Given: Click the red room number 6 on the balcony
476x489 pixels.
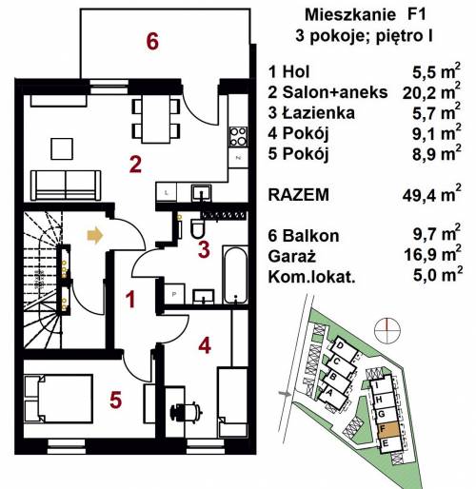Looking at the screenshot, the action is click(x=152, y=41).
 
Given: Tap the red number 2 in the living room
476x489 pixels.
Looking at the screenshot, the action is click(x=135, y=165).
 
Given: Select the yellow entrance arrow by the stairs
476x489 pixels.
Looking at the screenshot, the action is click(x=95, y=235).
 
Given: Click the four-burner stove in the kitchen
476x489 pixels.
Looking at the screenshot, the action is click(x=238, y=137).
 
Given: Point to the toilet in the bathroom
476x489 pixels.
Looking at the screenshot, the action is click(x=198, y=227).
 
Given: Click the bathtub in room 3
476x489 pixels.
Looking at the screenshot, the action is click(x=235, y=275).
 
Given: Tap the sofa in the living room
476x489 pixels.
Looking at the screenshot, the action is click(x=66, y=186).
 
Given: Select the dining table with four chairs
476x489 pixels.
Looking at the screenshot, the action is click(x=156, y=119).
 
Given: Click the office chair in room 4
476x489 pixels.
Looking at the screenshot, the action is click(x=187, y=411).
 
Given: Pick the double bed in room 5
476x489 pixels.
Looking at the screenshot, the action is click(x=59, y=399).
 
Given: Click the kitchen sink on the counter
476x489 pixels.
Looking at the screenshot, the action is click(x=201, y=193).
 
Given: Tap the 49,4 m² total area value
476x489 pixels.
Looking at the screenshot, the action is click(x=431, y=194).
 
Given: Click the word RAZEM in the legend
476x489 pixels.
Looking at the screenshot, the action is click(x=299, y=194).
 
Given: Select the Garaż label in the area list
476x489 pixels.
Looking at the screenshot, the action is click(x=291, y=256).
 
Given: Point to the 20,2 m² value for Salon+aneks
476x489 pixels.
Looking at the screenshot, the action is click(x=431, y=91).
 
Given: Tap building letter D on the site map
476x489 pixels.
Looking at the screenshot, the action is click(x=340, y=346).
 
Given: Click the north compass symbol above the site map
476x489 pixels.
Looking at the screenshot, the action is click(x=387, y=331).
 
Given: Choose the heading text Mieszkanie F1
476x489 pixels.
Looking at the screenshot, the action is click(x=365, y=15).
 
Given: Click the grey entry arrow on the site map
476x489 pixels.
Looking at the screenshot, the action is click(x=285, y=394).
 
